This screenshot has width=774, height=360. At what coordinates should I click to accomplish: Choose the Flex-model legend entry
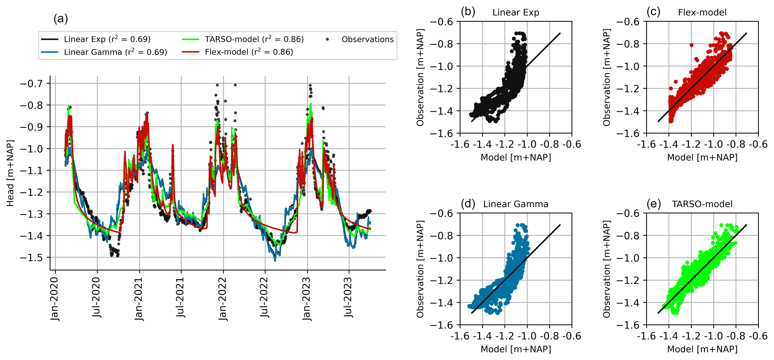tap(237, 52)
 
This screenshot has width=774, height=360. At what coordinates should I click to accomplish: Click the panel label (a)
tap(61, 19)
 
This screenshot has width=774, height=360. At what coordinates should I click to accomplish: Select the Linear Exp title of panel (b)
tap(516, 13)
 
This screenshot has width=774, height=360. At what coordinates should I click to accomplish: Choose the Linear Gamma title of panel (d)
tap(516, 204)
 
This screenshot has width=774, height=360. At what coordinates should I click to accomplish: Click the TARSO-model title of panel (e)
tap(702, 204)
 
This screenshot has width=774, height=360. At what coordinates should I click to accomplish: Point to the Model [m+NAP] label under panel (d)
tap(516, 349)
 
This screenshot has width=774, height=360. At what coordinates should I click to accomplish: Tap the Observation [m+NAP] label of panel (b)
tap(420, 77)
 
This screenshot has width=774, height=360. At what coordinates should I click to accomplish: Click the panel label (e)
tap(653, 204)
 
